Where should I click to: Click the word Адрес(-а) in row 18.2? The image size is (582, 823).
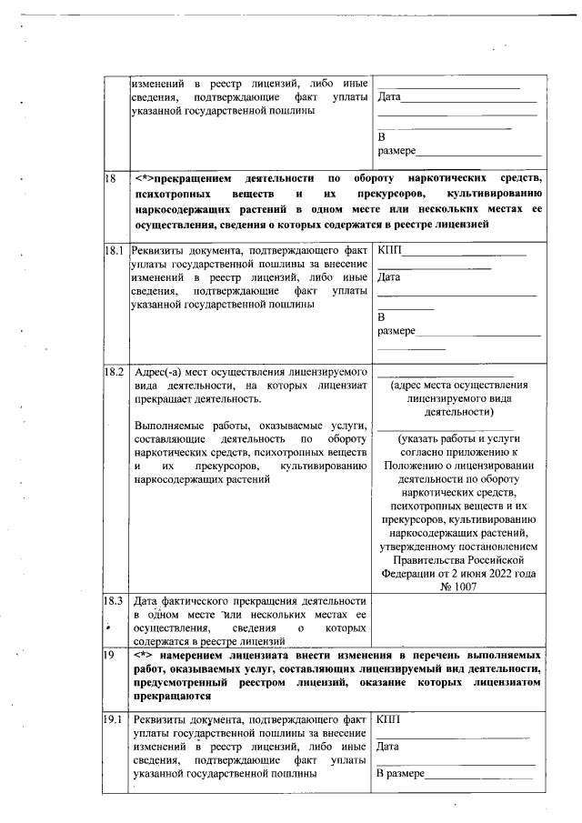coord(160,373)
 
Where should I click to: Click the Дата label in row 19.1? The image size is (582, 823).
coord(388,747)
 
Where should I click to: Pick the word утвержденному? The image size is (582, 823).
coord(415,547)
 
